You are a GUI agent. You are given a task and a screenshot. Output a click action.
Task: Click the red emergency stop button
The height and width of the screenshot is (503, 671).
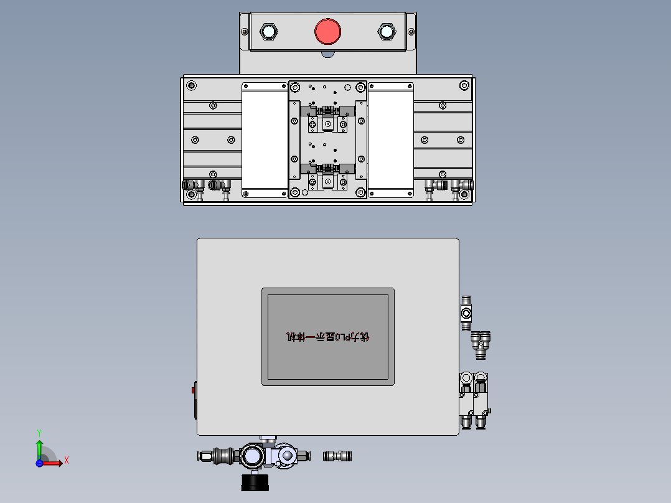[327, 31]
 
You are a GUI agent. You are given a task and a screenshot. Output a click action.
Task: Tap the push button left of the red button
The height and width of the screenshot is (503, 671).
[268, 31]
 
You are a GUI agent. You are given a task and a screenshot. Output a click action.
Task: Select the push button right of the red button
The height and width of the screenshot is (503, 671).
[387, 31]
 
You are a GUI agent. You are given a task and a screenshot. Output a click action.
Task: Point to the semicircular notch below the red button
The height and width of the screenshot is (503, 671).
[328, 54]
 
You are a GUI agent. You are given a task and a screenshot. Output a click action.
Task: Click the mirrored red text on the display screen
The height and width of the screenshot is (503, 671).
[328, 337]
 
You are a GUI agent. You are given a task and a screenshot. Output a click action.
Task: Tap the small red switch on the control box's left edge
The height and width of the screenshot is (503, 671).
[193, 391]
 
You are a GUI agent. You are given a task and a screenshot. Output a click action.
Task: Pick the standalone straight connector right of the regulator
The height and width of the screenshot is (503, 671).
[337, 456]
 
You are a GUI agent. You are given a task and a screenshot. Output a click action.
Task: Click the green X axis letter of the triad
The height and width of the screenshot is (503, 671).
[67, 461]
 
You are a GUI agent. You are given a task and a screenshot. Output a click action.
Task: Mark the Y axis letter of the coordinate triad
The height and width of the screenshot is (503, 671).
[39, 431]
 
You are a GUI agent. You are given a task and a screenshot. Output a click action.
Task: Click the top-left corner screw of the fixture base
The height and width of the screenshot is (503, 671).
[191, 85]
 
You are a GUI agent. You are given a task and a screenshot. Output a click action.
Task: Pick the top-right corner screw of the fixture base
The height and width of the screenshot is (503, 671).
[464, 85]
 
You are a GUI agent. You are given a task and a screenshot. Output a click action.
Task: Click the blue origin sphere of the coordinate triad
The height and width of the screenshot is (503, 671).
[39, 463]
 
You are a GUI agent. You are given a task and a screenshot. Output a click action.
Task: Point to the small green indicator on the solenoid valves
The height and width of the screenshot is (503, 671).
[490, 410]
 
